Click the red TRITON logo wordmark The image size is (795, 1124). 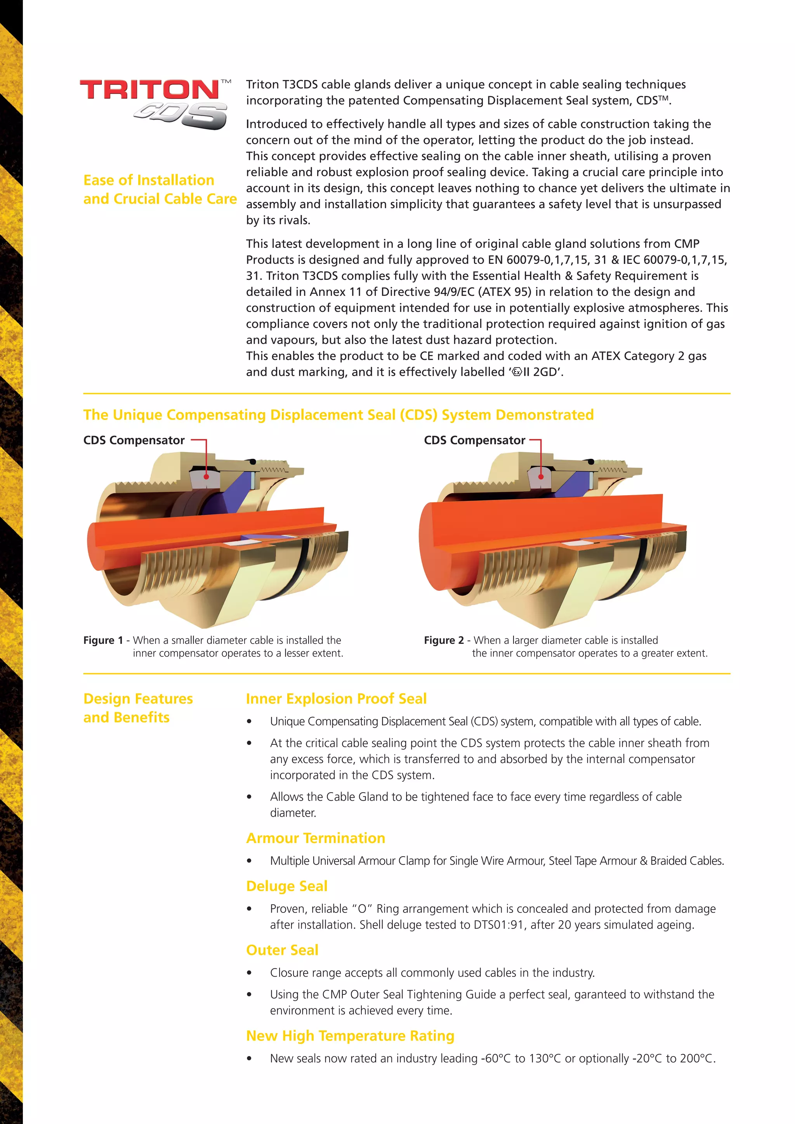click(149, 90)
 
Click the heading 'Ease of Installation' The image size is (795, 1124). click(149, 180)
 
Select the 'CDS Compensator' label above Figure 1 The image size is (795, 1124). click(134, 440)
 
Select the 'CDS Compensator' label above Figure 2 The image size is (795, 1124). click(474, 440)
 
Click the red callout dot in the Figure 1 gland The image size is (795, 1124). click(207, 476)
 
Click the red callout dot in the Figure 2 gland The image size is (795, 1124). click(541, 476)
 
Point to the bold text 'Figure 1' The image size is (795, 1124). click(103, 640)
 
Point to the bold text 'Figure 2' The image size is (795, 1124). click(444, 640)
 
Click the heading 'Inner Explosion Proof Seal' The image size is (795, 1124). click(336, 699)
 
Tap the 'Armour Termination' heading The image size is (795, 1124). click(316, 838)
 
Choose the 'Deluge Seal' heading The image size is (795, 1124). click(287, 886)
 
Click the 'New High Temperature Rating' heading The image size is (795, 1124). click(351, 1036)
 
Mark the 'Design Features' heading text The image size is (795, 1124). click(138, 699)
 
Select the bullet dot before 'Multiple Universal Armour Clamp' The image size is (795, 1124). click(250, 861)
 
